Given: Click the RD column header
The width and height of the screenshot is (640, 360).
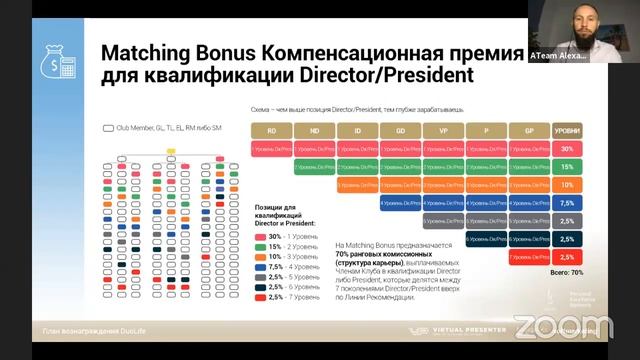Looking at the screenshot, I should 271,130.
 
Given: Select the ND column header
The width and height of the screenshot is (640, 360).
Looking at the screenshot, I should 314,130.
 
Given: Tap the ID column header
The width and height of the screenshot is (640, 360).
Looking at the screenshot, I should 357,130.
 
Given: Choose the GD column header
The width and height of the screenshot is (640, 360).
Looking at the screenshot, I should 400,130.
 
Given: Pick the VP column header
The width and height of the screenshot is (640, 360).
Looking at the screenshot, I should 443,130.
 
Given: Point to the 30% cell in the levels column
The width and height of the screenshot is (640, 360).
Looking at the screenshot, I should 566,148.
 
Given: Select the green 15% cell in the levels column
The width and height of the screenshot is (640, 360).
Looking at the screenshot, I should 566,166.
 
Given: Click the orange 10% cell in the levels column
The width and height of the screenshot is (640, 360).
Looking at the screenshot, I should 566,184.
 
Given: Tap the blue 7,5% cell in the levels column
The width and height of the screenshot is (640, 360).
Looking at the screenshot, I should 566,203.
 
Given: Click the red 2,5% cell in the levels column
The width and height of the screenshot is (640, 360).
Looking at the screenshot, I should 566,257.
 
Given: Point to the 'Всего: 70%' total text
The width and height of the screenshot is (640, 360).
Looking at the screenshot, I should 566,272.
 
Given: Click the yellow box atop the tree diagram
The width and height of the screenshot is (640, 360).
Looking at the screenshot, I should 171,151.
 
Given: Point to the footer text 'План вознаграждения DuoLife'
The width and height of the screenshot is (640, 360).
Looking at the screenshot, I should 84,331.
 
